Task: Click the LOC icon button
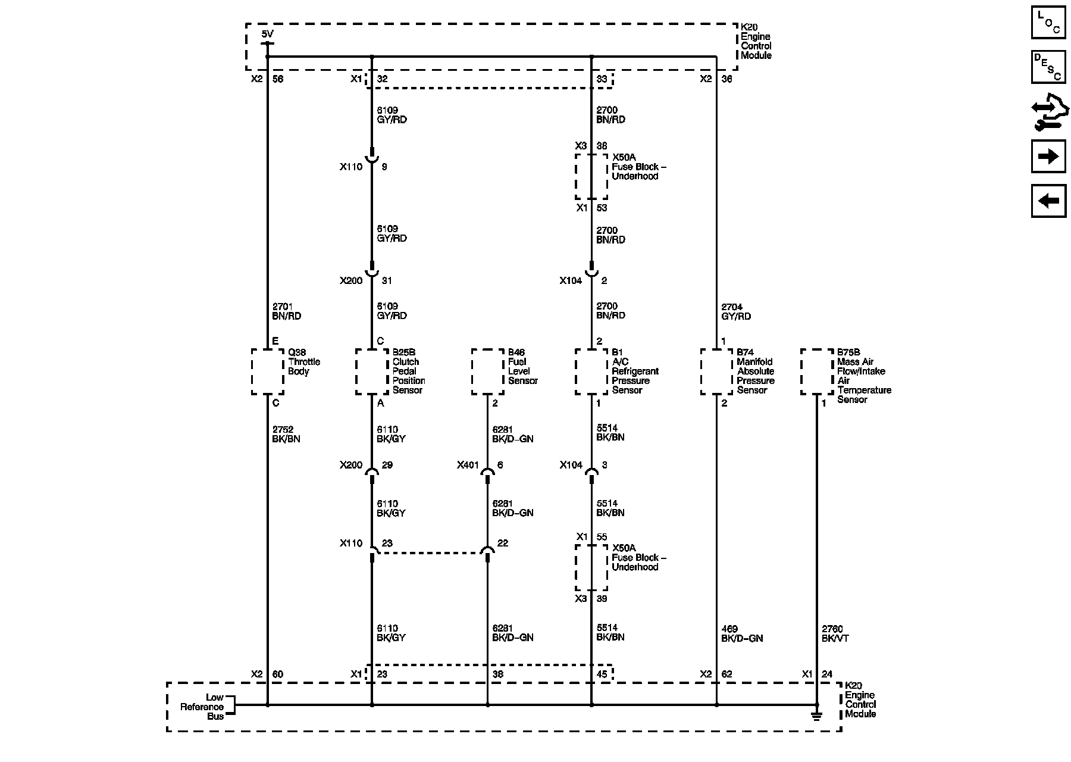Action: point(1048,23)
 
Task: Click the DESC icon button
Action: point(1048,67)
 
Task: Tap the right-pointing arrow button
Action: point(1048,156)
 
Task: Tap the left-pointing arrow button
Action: point(1048,201)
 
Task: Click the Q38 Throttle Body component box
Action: point(267,371)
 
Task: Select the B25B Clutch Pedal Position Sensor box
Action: point(372,371)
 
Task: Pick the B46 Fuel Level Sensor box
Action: point(487,371)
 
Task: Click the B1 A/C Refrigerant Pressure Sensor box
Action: point(591,371)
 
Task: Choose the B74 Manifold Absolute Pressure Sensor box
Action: point(716,371)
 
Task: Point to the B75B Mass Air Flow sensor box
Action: point(817,371)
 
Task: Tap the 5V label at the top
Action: point(268,34)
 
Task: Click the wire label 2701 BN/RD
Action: point(287,311)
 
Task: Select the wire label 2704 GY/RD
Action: point(736,311)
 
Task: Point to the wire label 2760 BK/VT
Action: point(835,633)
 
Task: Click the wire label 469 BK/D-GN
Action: point(741,633)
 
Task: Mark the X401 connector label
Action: point(468,465)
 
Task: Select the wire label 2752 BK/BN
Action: point(287,434)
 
